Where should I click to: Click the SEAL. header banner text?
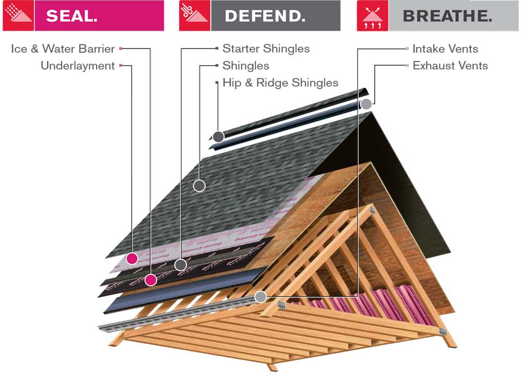72,16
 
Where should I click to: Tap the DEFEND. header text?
265,16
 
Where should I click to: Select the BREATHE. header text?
447,16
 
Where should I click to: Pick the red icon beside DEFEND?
195,16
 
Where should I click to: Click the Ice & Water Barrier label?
63,49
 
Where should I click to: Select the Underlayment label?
77,66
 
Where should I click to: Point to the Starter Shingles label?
266,49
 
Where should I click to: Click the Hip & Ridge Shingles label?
280,82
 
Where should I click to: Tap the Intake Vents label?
445,49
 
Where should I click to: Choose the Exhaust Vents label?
450,66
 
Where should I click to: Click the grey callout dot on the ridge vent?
366,104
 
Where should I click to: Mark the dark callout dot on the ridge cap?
218,137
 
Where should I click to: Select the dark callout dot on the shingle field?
199,185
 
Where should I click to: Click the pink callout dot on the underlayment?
132,258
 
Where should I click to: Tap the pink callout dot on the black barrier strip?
151,280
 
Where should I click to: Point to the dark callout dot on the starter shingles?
181,264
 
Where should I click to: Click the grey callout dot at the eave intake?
260,297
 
